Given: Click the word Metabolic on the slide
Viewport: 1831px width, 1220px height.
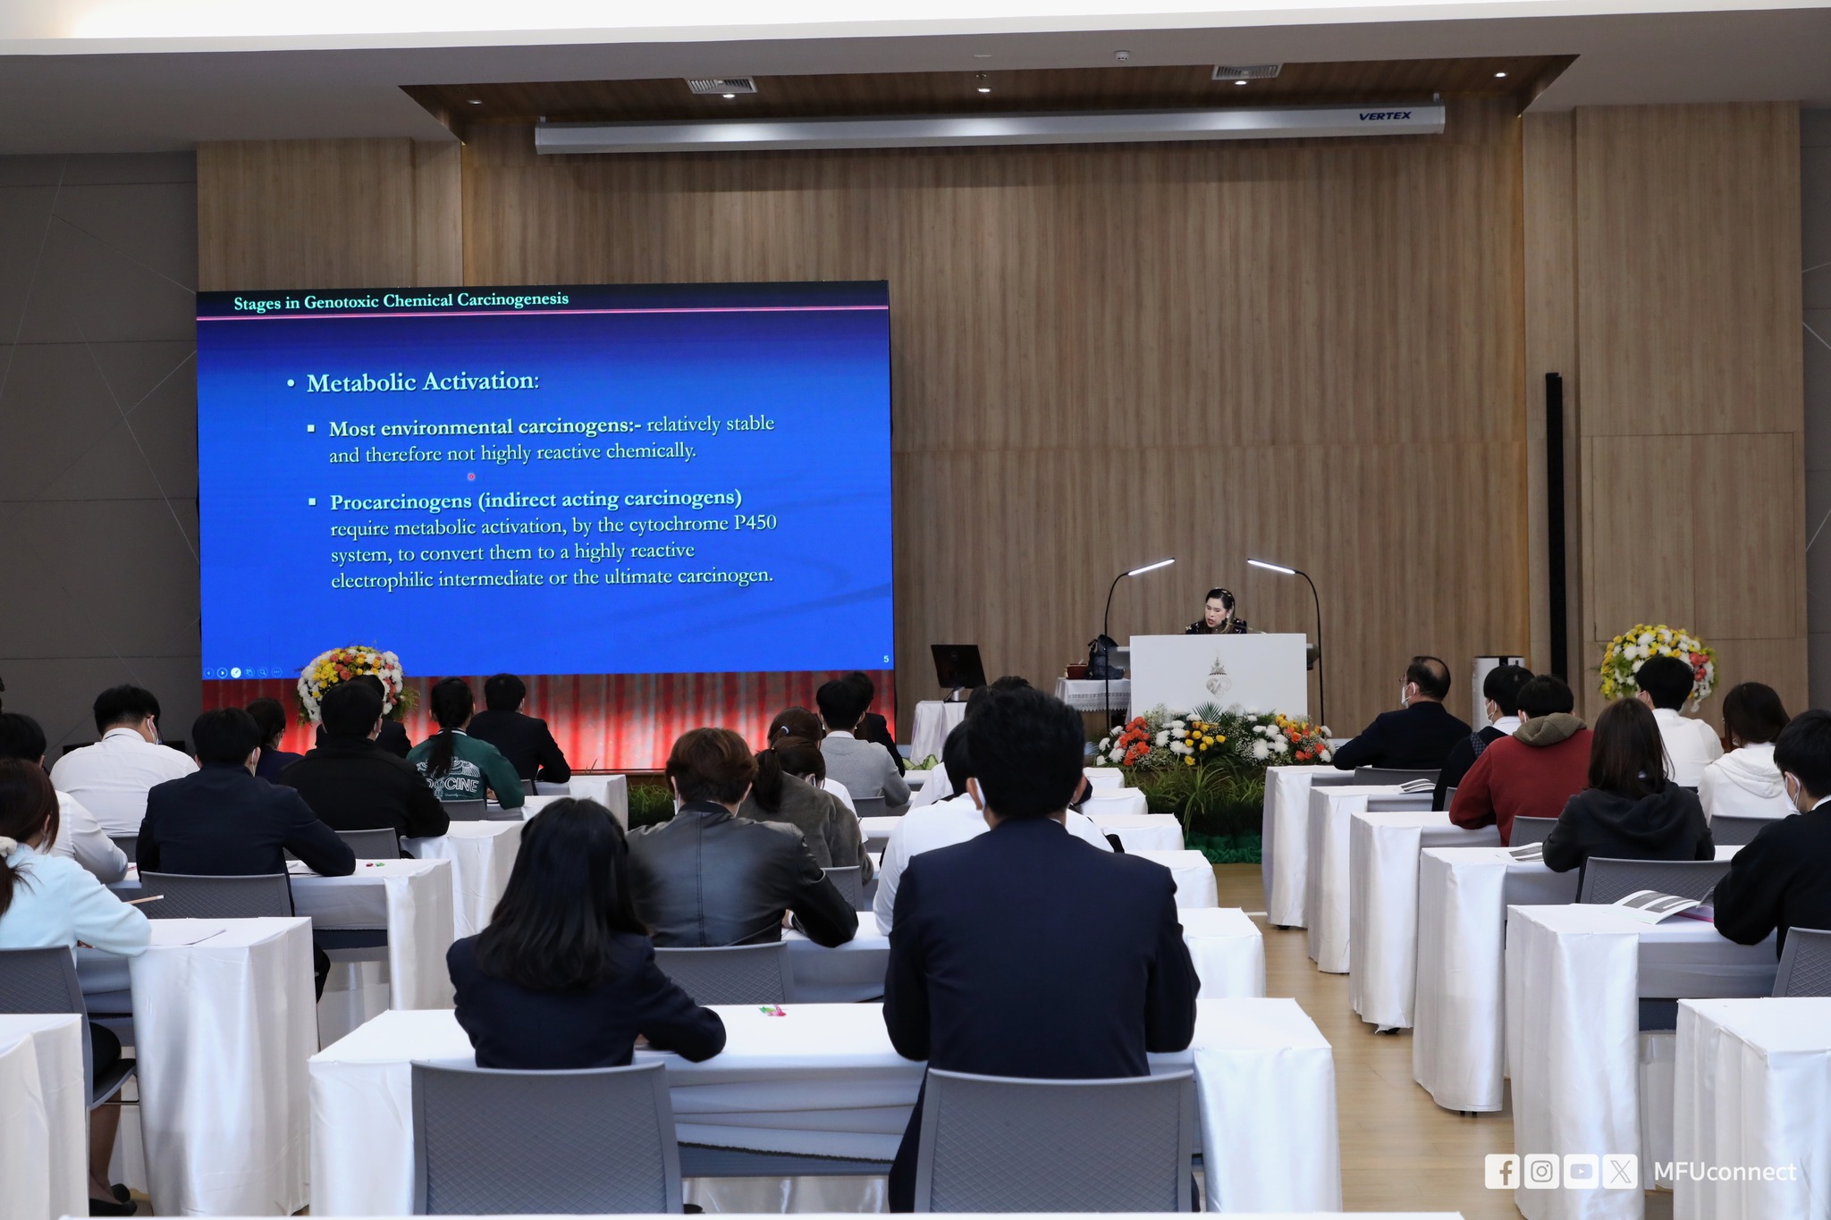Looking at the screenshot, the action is coord(361,383).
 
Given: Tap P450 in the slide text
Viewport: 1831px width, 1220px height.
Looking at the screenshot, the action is coord(755,523).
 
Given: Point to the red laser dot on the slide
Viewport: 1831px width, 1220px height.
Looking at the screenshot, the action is coord(471,476).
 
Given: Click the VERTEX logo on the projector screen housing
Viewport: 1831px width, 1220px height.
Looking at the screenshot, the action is coord(1384,116).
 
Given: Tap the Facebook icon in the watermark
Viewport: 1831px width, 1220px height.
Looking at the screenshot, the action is coord(1502,1171).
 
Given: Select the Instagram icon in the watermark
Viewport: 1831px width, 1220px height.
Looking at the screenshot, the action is coord(1541,1171).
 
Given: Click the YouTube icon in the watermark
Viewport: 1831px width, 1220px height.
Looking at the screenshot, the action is coord(1581,1171).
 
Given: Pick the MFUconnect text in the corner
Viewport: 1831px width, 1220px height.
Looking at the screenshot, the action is coord(1725,1172).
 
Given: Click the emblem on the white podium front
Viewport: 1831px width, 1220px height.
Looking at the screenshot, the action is coord(1217,675).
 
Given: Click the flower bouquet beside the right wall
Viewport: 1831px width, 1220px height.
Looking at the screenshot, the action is coord(1658,661).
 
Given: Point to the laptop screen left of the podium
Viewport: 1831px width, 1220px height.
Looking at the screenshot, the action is coord(958,667).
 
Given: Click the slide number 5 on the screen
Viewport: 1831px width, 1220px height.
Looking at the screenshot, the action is coord(886,660).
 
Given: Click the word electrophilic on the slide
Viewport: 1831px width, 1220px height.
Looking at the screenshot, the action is coord(382,580).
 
